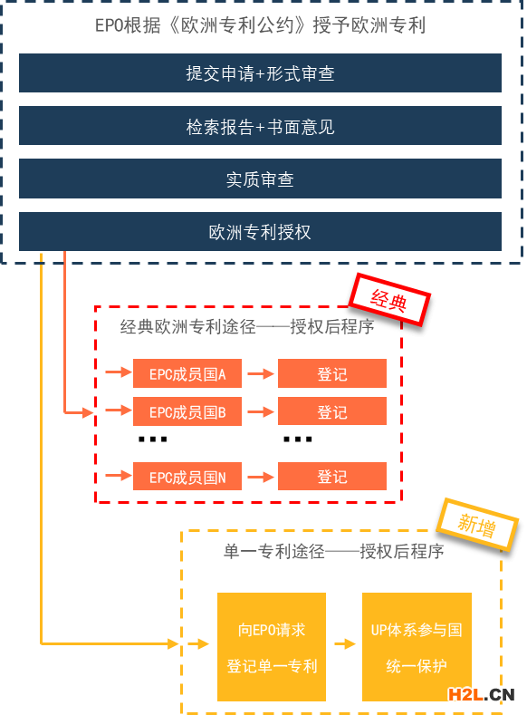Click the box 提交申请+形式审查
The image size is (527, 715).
(260, 73)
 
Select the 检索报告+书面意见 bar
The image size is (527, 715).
(260, 126)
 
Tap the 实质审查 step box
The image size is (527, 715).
(260, 179)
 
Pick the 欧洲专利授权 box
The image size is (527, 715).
(260, 232)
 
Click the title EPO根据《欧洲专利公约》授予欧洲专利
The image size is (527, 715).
(260, 25)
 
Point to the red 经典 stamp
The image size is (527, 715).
(389, 300)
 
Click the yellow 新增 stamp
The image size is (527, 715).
(477, 525)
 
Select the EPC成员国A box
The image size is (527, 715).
(187, 373)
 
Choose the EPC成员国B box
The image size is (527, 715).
(187, 411)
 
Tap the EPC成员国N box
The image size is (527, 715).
(187, 477)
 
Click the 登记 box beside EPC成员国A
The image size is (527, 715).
(332, 373)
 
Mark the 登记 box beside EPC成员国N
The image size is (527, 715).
(332, 477)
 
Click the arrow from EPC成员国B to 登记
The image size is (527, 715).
(261, 411)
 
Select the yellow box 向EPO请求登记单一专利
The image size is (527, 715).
(272, 647)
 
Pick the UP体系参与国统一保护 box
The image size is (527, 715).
(417, 647)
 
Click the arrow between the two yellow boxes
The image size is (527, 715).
(345, 644)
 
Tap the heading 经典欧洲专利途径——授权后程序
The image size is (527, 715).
(247, 326)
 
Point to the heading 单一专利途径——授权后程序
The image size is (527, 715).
(333, 551)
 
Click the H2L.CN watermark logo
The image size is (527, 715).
(481, 694)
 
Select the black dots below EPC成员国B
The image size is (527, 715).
(153, 440)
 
